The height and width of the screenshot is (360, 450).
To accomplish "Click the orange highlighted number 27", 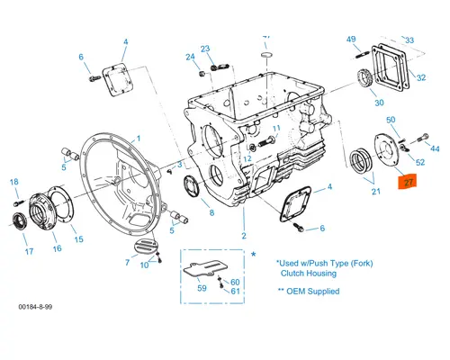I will (x=408, y=183).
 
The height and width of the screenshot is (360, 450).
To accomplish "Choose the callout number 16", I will (x=56, y=248).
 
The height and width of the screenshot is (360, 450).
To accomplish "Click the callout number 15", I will (x=78, y=239).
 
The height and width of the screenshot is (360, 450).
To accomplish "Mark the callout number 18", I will (x=14, y=183).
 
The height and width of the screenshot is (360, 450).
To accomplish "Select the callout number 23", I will (x=205, y=49).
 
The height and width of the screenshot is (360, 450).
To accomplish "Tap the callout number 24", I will (x=190, y=58).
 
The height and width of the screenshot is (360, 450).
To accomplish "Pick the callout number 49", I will (x=351, y=39).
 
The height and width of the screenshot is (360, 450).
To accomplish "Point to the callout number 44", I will (x=436, y=148).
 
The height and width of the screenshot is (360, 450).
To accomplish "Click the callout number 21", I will (x=374, y=192).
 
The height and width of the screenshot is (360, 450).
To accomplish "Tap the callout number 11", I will (x=276, y=129).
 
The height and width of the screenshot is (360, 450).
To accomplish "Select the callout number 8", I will (x=211, y=213).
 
